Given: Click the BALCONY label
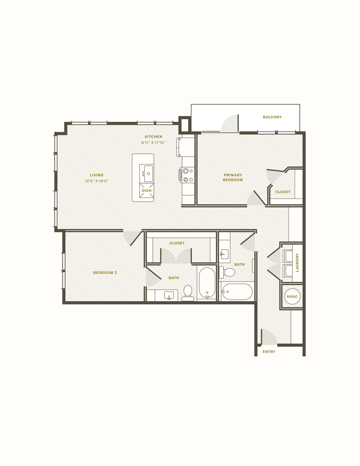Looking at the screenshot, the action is pyautogui.click(x=272, y=117).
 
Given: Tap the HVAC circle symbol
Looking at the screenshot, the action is pyautogui.click(x=292, y=296).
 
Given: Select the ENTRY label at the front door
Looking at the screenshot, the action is pyautogui.click(x=269, y=352).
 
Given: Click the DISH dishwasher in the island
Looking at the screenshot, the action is pyautogui.click(x=147, y=190).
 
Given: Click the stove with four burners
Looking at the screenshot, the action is pyautogui.click(x=187, y=175).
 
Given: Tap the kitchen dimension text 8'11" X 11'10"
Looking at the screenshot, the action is pyautogui.click(x=153, y=143).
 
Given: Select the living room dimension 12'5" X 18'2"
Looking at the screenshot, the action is pyautogui.click(x=97, y=181).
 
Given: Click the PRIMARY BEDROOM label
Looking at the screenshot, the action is pyautogui.click(x=233, y=178).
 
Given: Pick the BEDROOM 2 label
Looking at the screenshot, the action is pyautogui.click(x=105, y=272).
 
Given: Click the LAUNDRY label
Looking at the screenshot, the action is pyautogui.click(x=297, y=263).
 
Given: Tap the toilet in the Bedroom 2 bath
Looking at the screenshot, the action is pyautogui.click(x=188, y=293).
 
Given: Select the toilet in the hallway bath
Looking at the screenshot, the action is pyautogui.click(x=227, y=272).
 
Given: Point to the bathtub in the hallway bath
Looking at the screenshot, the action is pyautogui.click(x=237, y=292).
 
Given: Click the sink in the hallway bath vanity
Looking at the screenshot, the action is pyautogui.click(x=224, y=254).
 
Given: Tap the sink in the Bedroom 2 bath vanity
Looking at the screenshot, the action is pyautogui.click(x=169, y=295).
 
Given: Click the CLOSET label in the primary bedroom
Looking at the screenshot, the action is pyautogui.click(x=283, y=192).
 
